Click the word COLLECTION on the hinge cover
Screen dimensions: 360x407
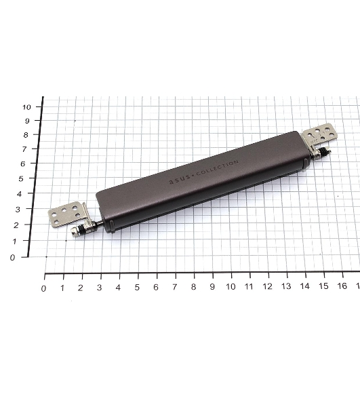218,168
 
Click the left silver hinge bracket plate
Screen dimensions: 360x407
68,214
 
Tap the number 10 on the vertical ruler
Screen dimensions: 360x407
26,107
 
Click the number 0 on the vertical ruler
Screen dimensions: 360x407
12,258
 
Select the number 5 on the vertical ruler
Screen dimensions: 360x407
21,178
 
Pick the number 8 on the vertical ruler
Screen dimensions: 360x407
25,135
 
